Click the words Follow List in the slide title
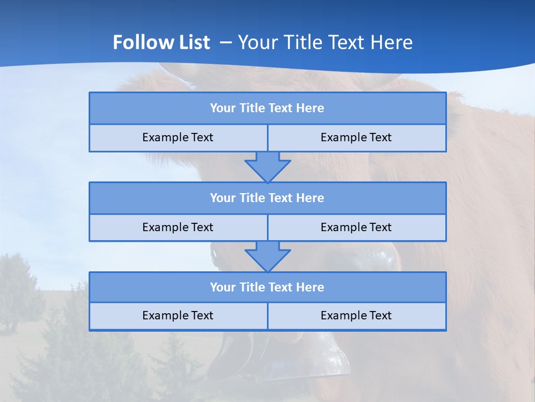click(161, 42)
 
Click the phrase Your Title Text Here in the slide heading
click(325, 42)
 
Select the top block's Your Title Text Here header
click(267, 108)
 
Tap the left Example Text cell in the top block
click(178, 137)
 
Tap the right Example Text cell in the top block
click(356, 137)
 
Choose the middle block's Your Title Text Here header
click(267, 198)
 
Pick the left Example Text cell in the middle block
click(178, 227)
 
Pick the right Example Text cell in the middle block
click(356, 227)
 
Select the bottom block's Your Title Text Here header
click(267, 287)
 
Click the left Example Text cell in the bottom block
click(178, 315)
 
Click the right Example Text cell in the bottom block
click(356, 315)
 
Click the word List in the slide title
click(193, 42)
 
